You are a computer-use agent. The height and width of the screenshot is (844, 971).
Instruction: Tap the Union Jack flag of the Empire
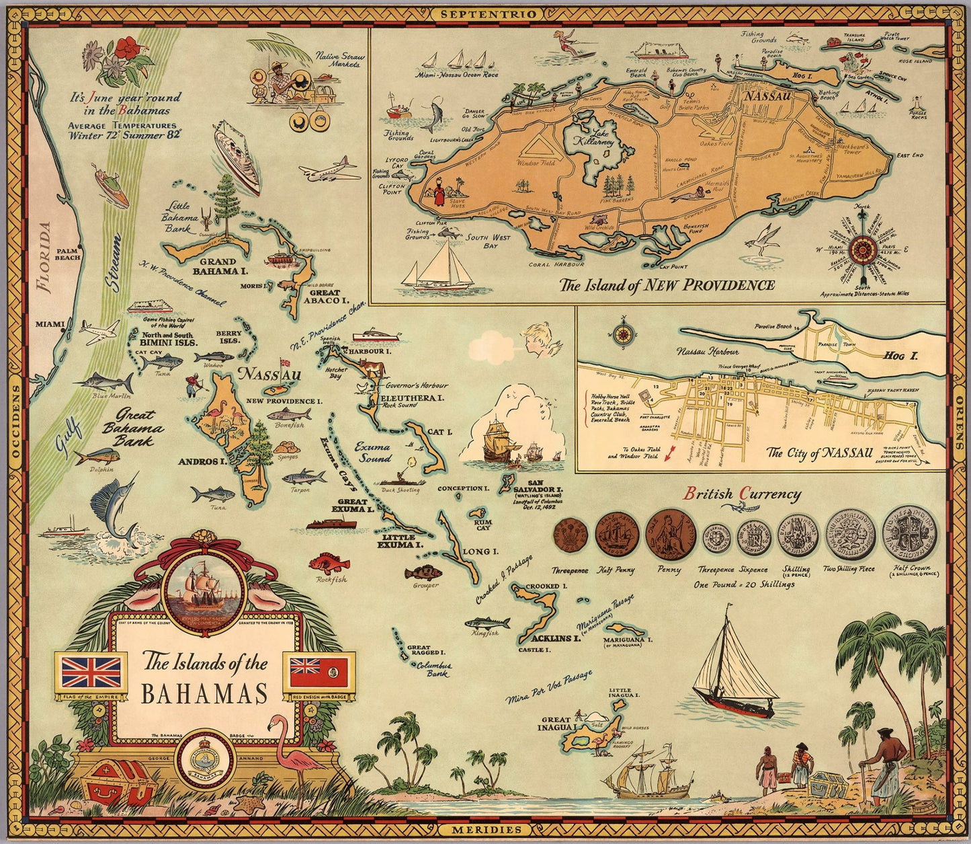[x=91, y=672]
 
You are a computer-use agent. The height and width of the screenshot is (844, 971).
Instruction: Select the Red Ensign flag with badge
[x=319, y=672]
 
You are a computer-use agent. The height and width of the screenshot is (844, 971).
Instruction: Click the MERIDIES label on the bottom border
[x=486, y=830]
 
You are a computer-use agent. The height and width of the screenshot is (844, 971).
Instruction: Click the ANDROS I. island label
[x=200, y=462]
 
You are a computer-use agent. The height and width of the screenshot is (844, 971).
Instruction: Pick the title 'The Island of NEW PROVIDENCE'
[x=667, y=285]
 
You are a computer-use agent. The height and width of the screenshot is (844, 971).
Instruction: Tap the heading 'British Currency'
[x=742, y=494]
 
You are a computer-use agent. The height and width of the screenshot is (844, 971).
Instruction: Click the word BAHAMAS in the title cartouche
[x=204, y=693]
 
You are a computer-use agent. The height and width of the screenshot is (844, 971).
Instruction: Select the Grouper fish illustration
[x=423, y=574]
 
